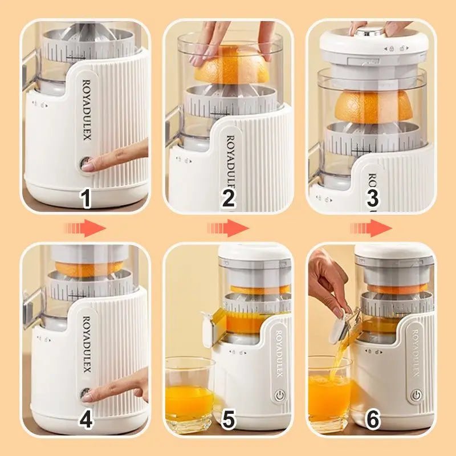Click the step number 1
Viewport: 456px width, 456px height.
click(85, 199)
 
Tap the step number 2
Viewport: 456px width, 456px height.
click(228, 199)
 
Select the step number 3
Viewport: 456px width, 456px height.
click(372, 199)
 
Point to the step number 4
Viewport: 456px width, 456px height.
click(85, 420)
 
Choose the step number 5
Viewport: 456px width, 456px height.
click(228, 420)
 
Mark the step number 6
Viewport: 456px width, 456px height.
click(372, 420)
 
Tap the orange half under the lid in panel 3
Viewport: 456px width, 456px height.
click(373, 107)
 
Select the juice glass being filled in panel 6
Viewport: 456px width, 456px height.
click(329, 395)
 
